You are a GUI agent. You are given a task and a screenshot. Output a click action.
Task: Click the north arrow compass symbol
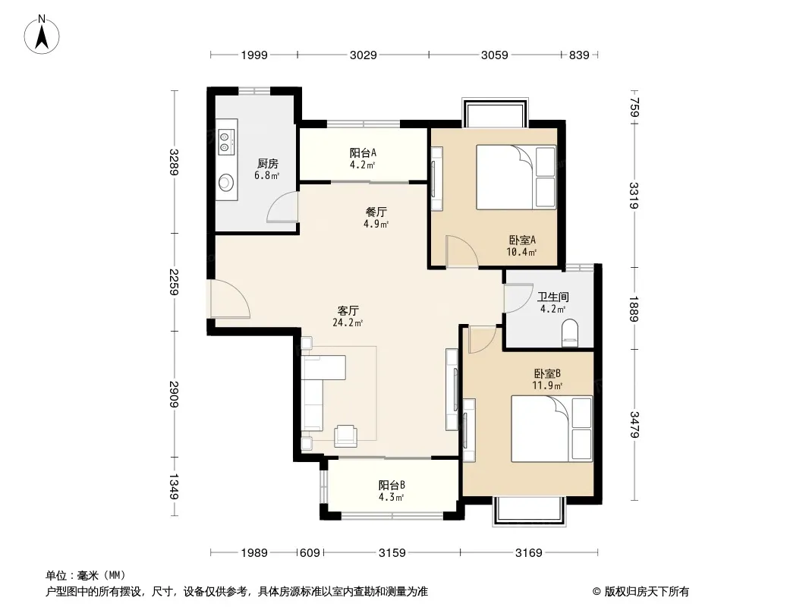pyautogui.click(x=42, y=35)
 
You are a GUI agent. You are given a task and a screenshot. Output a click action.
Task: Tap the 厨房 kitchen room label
pyautogui.click(x=268, y=163)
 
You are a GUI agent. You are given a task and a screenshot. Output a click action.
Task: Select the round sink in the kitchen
pyautogui.click(x=226, y=182)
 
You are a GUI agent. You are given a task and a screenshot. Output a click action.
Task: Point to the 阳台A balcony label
pyautogui.click(x=363, y=153)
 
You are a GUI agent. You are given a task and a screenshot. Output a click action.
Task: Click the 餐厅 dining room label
pyautogui.click(x=376, y=212)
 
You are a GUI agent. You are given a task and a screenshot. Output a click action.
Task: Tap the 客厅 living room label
pyautogui.click(x=348, y=310)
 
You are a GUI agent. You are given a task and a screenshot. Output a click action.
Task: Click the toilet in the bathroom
pyautogui.click(x=570, y=332)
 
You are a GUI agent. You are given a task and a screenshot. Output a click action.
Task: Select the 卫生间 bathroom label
pyautogui.click(x=553, y=297)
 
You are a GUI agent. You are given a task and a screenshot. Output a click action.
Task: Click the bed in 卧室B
pyautogui.click(x=552, y=428)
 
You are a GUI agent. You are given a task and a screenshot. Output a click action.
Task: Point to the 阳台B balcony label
pyautogui.click(x=392, y=485)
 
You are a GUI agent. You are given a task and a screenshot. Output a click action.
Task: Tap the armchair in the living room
pyautogui.click(x=345, y=436)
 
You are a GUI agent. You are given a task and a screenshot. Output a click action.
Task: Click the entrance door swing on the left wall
pyautogui.click(x=230, y=298)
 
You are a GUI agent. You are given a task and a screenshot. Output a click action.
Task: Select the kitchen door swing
pyautogui.click(x=282, y=206)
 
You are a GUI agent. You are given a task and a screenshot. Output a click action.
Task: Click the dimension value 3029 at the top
pyautogui.click(x=364, y=55)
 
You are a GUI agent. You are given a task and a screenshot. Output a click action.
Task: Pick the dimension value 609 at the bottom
pyautogui.click(x=310, y=553)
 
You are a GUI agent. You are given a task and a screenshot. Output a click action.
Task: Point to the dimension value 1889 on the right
pyautogui.click(x=634, y=308)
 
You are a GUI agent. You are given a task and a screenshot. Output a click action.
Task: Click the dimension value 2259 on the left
pyautogui.click(x=174, y=282)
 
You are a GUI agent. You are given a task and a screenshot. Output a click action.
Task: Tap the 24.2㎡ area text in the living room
pyautogui.click(x=348, y=322)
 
